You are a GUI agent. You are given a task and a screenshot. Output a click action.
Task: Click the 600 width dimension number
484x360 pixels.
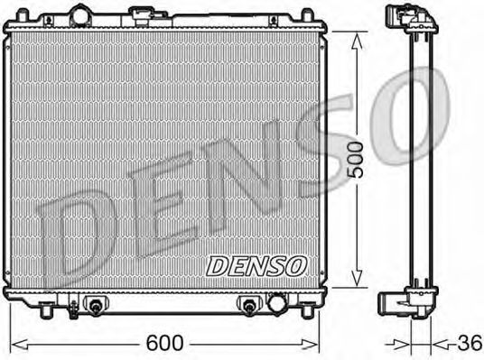point(166,344)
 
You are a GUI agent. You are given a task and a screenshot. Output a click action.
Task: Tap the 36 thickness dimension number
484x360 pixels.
point(467,344)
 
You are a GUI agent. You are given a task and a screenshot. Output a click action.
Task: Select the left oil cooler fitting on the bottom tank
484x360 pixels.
point(93,307)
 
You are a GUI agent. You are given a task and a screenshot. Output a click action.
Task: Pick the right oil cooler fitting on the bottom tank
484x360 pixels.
point(249,307)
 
